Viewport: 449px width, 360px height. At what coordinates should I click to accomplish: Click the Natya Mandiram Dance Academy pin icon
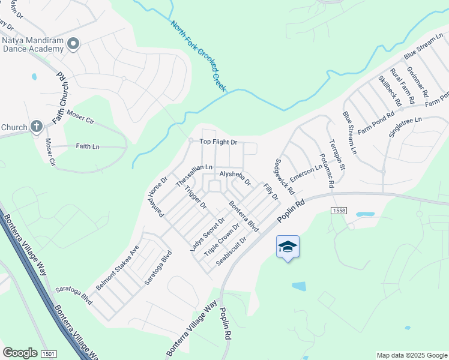click(74, 43)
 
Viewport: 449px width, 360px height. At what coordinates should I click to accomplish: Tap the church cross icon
click(36, 127)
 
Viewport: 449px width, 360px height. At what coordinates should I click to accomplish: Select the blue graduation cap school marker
click(288, 247)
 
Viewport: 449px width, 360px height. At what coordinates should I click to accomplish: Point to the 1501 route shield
click(49, 355)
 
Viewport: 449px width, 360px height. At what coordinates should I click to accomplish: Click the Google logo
click(20, 353)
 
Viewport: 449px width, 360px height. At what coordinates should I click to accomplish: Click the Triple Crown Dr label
click(221, 239)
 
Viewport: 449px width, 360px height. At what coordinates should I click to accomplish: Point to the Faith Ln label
click(88, 146)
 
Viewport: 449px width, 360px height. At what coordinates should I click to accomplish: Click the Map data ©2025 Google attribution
click(411, 355)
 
